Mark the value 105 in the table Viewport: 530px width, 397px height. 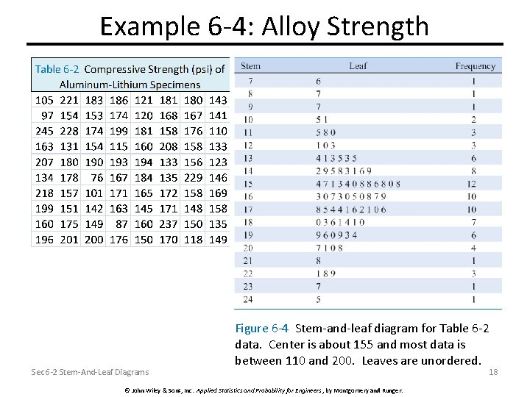pos(45,99)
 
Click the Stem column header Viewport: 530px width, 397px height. pos(250,66)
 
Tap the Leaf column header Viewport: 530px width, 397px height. pos(358,66)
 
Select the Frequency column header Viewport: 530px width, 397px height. pos(475,66)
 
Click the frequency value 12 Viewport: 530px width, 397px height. pos(472,184)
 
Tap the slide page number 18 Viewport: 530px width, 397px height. pos(494,372)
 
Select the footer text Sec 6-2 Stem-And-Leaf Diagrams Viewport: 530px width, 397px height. pos(90,372)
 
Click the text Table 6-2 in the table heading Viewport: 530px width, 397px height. pos(57,69)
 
